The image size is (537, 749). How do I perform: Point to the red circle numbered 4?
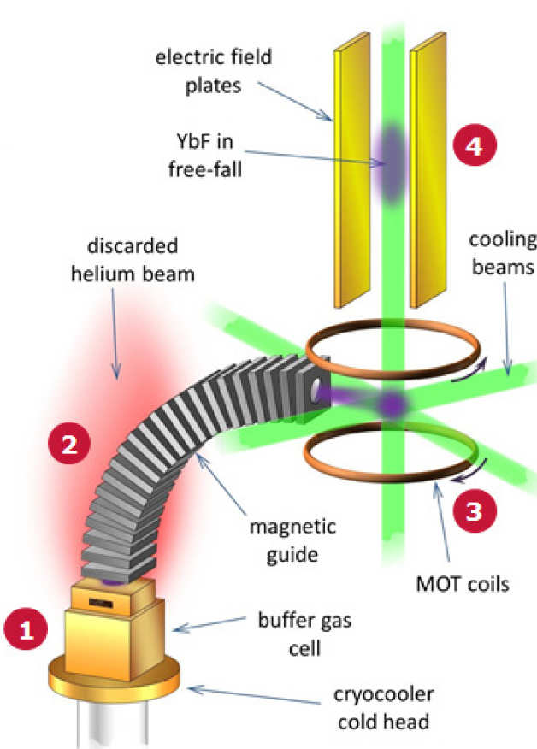[x=472, y=148]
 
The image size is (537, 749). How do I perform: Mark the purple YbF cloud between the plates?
[x=390, y=162]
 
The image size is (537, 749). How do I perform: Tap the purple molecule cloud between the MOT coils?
[x=392, y=404]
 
